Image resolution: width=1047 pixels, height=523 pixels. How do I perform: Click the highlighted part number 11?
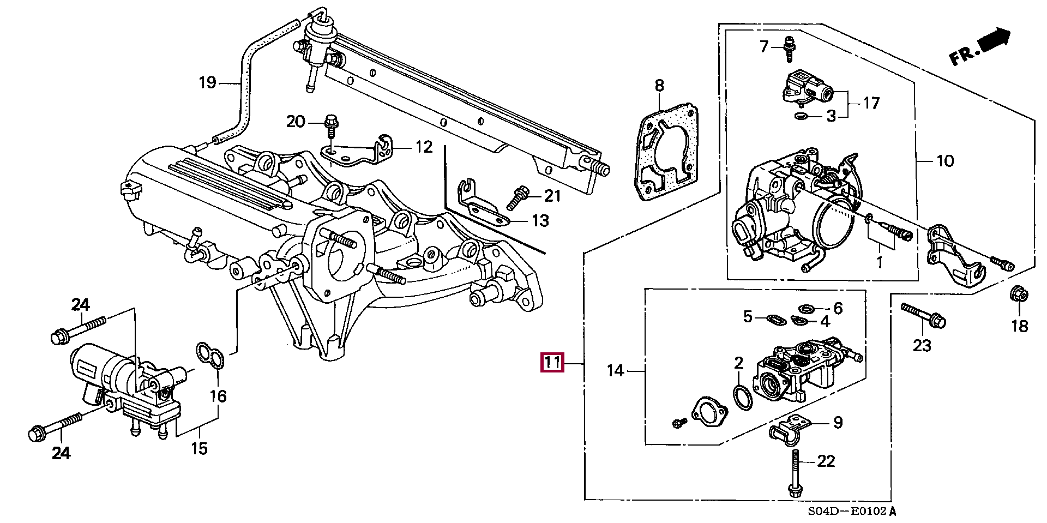coord(552,363)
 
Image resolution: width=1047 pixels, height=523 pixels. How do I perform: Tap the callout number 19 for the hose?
coord(207,83)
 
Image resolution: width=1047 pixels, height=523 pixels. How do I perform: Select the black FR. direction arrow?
coord(994,39)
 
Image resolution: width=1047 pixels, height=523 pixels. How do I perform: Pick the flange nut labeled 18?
coord(1019,296)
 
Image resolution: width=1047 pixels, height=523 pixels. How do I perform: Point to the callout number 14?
coord(615,371)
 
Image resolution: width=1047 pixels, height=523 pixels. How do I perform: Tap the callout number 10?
coord(945,161)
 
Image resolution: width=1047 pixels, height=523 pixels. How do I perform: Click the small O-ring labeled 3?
coord(801,116)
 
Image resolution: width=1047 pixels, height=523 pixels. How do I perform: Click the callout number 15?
coord(200,448)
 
